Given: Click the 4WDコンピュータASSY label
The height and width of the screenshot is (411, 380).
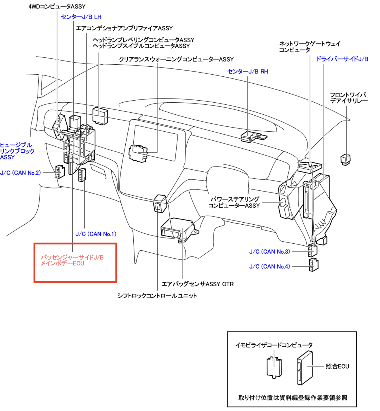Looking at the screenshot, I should point(57,6).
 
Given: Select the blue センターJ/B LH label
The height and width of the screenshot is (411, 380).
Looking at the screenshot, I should point(81,17).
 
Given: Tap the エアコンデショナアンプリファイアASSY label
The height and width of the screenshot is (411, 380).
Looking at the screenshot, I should point(124,28).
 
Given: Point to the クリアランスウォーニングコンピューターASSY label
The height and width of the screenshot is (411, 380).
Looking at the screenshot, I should point(176,59).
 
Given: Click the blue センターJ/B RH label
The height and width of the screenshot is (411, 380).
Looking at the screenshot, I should point(247,72).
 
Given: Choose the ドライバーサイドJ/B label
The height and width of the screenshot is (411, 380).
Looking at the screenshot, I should point(342,59).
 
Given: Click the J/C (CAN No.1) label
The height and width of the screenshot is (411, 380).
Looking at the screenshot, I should point(96,234).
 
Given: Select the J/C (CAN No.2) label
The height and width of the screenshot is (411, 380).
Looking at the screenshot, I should point(20,173).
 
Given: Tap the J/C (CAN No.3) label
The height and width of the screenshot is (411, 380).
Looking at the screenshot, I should point(270,252).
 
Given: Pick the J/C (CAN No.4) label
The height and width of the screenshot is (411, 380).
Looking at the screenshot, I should point(270,266).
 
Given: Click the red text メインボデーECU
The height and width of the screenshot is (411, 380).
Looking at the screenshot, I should point(62,264).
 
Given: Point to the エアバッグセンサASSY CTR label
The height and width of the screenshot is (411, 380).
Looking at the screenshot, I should point(198,284).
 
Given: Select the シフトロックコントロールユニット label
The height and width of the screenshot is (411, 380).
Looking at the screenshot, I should point(157,296).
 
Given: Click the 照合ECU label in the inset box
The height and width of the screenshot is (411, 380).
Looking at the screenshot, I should point(337,366).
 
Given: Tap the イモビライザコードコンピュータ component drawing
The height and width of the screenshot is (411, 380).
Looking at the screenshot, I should point(274,367).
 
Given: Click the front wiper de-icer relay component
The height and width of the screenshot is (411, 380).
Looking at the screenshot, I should point(346,159).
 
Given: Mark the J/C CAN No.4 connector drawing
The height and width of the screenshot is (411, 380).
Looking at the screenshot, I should point(313,265).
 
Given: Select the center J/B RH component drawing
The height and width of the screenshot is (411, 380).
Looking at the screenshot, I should point(253,136).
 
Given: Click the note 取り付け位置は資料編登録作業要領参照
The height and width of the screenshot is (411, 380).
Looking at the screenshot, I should point(293,398).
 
